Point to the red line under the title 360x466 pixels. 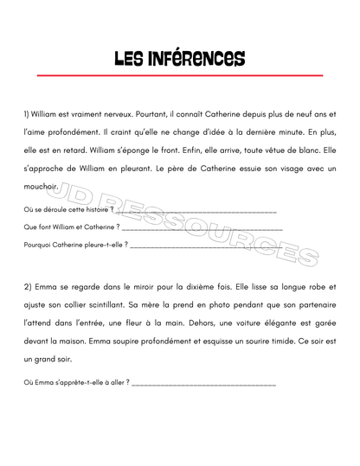(180, 76)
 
